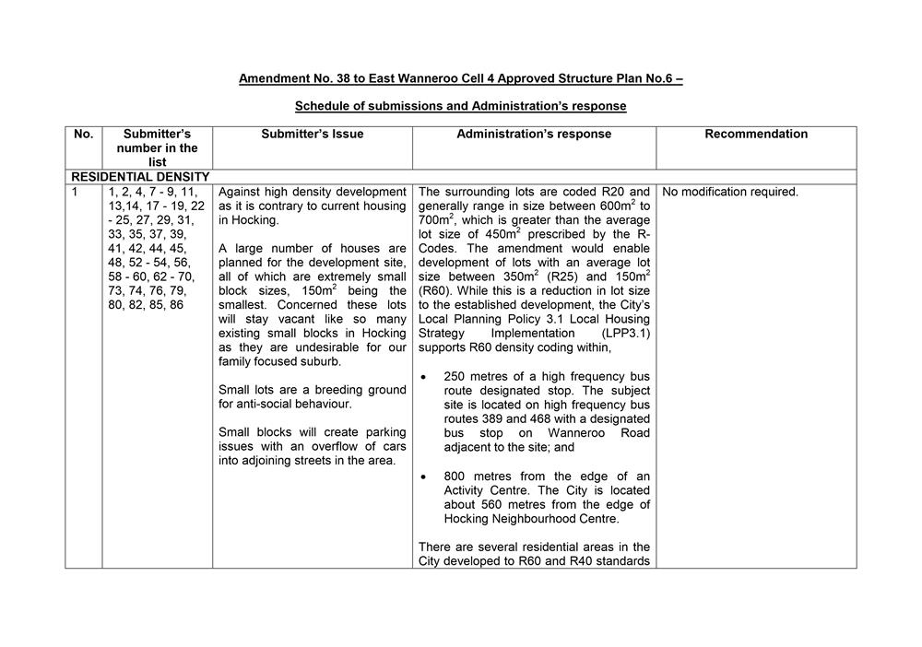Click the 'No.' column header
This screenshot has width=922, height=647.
click(83, 134)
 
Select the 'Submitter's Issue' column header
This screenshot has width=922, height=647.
click(312, 134)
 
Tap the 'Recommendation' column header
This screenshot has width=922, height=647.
click(756, 134)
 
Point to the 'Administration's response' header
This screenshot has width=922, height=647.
click(534, 134)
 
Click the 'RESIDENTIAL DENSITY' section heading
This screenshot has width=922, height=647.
click(140, 176)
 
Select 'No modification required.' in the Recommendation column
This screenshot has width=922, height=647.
click(730, 192)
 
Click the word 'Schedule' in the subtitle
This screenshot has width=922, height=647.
click(323, 106)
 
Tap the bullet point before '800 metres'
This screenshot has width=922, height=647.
click(422, 476)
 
